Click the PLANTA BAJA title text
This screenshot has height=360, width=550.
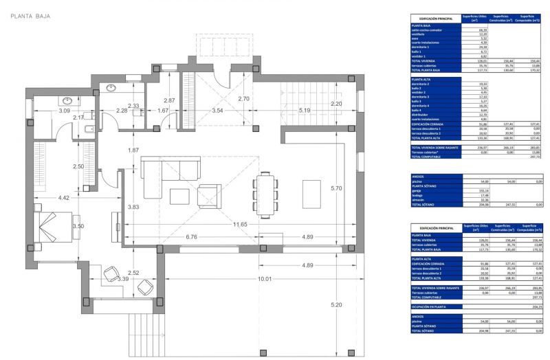(30, 15)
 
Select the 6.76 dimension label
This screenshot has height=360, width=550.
(192, 238)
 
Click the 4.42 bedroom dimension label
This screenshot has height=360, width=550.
(63, 199)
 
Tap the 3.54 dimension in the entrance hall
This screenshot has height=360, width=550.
(218, 110)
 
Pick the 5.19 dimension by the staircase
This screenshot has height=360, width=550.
(305, 110)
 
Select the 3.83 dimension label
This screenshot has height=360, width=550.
(133, 207)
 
